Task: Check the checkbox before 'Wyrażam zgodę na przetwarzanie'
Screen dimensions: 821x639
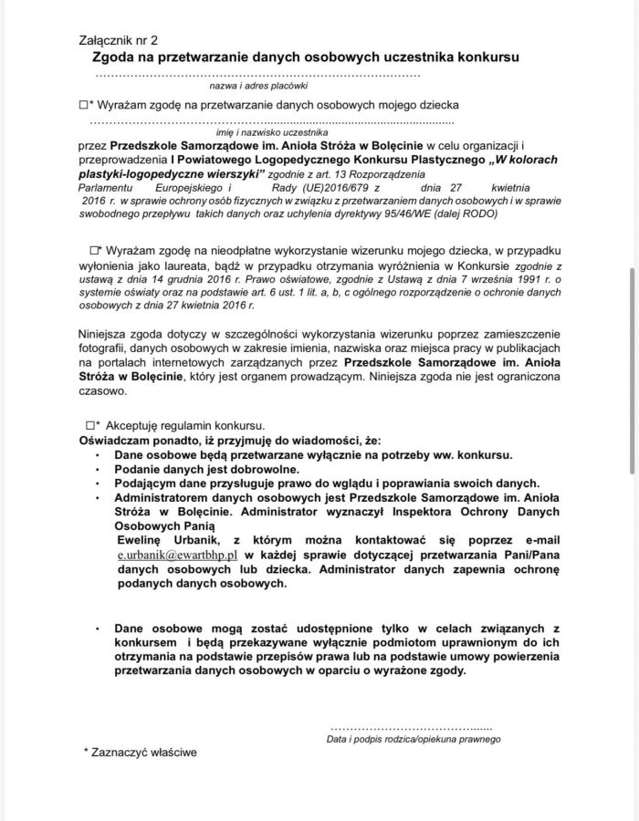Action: (83, 106)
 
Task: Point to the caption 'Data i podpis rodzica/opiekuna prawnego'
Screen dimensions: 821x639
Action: (413, 739)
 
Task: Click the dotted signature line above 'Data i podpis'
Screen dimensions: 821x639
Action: (410, 728)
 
